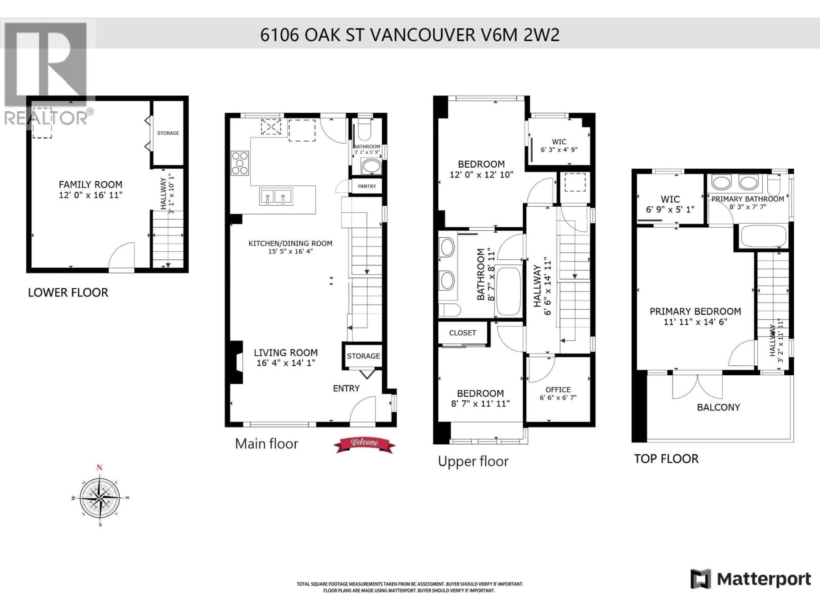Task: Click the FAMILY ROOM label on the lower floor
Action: coord(91,185)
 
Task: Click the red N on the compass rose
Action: coord(99,468)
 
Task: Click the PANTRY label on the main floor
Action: coord(367,186)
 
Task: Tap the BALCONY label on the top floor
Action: coord(718,407)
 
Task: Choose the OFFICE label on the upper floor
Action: coord(558,390)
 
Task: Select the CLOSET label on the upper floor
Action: coord(462,333)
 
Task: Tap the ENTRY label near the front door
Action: coord(346,388)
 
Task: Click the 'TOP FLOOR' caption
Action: coord(666,459)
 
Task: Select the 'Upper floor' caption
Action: coord(473,461)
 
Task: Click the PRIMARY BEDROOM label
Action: coord(696,311)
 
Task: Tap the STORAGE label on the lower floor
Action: coord(168,133)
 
